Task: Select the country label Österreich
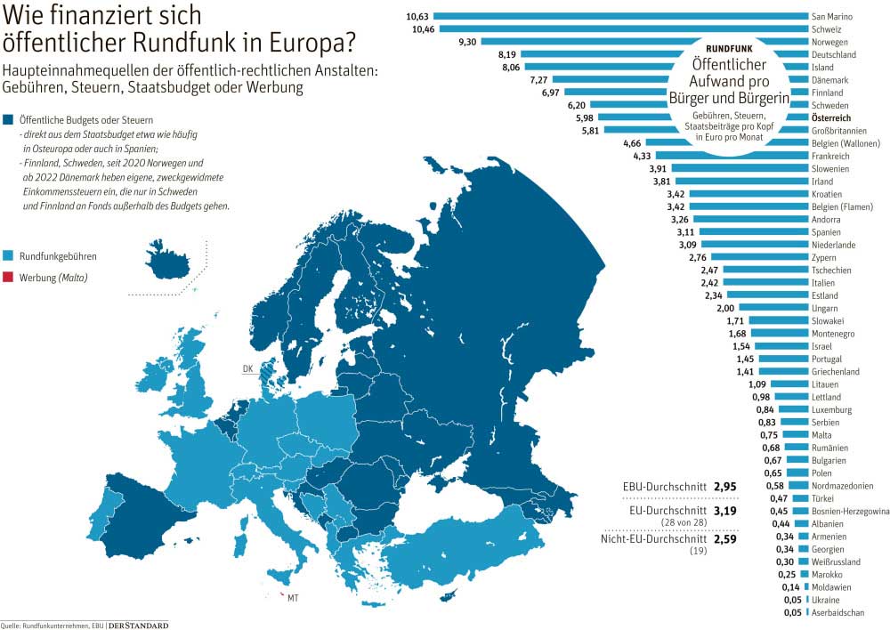[833, 118]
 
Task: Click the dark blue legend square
[9, 119]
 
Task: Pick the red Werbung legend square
[9, 277]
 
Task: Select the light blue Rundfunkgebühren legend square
[9, 256]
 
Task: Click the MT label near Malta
[292, 598]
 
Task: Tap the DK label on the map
[248, 367]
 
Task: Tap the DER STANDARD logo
[138, 625]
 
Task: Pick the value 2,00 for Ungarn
[725, 308]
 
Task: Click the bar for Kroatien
[748, 194]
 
